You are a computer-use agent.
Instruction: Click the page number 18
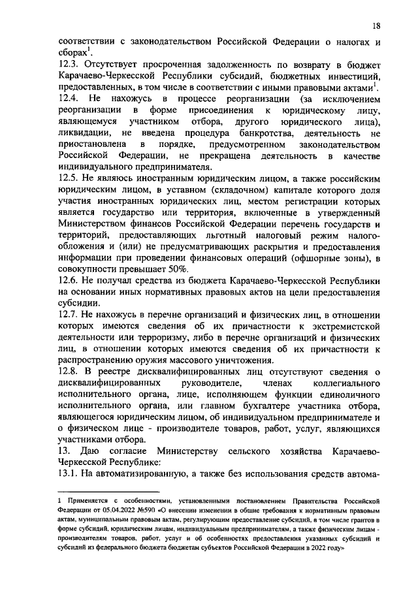pyautogui.click(x=376, y=25)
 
